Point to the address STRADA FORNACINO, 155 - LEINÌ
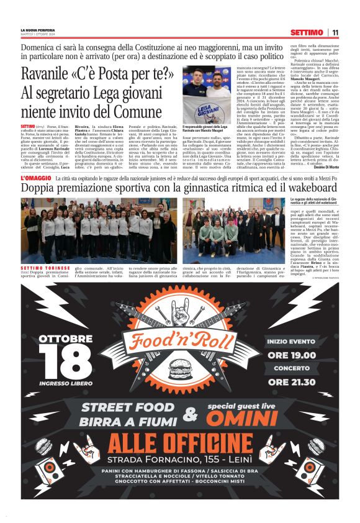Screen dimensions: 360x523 point(180,462)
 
